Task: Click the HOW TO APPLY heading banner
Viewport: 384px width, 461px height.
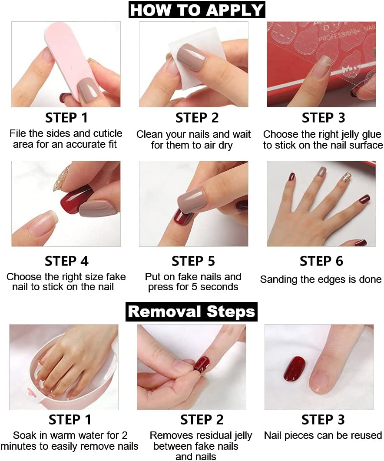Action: click(197, 10)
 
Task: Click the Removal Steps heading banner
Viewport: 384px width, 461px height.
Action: click(192, 312)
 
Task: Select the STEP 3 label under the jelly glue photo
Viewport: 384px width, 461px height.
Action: click(323, 118)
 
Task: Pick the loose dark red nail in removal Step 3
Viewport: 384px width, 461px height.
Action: click(295, 368)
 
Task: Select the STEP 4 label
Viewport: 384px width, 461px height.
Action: click(66, 261)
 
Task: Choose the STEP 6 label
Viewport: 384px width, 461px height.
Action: click(321, 261)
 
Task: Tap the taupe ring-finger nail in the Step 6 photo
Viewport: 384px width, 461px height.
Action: click(322, 171)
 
